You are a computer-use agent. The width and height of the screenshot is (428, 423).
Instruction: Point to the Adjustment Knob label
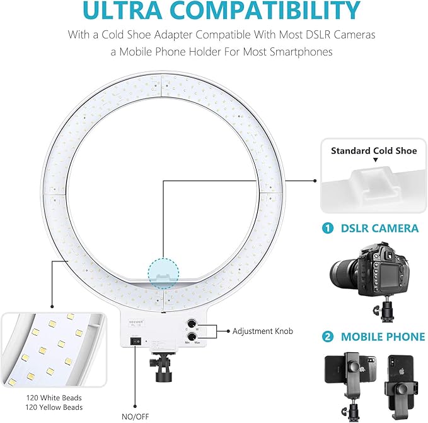pos(260,330)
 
